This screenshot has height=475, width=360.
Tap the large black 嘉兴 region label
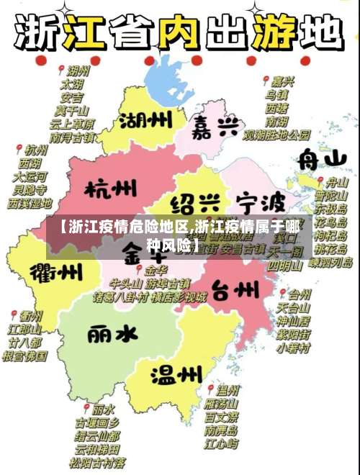tap(216, 129)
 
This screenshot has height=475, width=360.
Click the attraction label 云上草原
tap(73, 123)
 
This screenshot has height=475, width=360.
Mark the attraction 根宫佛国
tap(25, 355)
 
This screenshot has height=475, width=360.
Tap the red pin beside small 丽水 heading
tap(86, 407)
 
